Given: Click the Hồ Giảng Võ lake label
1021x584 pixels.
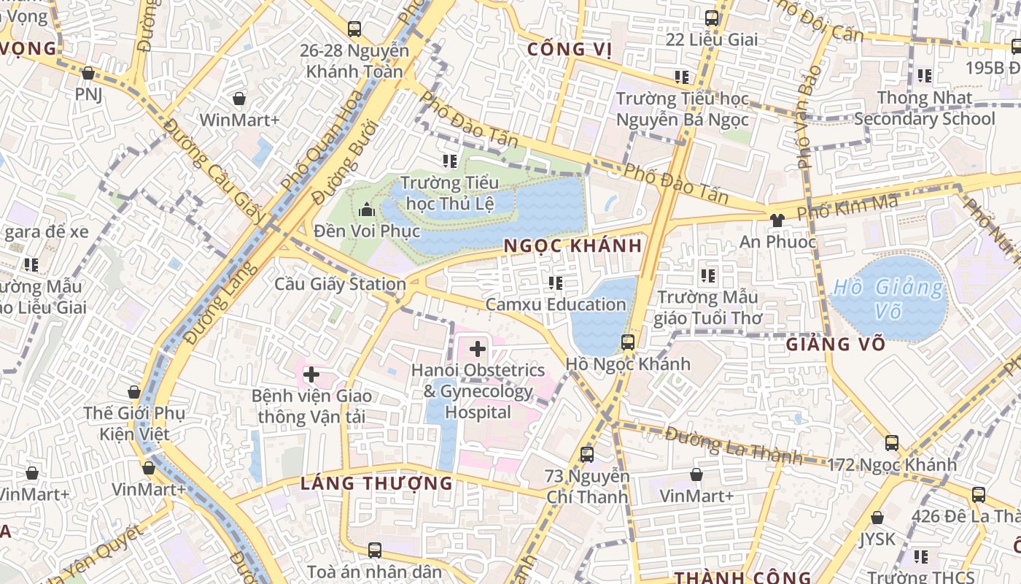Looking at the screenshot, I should (x=888, y=298).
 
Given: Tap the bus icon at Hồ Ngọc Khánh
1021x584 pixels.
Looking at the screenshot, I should (x=627, y=342).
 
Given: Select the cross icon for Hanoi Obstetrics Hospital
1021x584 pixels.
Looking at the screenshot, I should (x=478, y=349).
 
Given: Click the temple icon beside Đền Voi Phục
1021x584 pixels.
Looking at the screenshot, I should (x=367, y=210).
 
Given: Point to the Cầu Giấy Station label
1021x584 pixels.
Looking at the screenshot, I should (x=340, y=283).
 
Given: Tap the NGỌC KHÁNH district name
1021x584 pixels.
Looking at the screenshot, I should (x=573, y=246).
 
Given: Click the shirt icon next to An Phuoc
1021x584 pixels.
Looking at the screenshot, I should (x=776, y=219).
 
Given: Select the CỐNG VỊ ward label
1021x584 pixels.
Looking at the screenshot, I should (x=569, y=49).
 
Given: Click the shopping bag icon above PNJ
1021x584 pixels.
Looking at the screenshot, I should (x=88, y=73).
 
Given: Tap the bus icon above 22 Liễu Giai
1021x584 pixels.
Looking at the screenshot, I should (x=711, y=18).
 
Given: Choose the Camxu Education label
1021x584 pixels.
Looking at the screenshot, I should (x=556, y=304).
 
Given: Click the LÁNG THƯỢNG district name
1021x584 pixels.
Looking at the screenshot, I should (x=376, y=483).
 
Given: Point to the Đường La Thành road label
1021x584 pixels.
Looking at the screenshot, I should (x=732, y=445).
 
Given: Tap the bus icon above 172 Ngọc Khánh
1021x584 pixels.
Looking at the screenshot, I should (x=891, y=442).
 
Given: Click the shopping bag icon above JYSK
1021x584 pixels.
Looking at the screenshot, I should (x=877, y=518).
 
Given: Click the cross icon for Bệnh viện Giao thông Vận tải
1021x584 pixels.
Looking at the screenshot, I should (x=311, y=374).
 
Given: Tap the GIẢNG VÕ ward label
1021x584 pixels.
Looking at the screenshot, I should (x=836, y=343).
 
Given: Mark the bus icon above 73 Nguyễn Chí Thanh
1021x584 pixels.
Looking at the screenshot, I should (x=587, y=455).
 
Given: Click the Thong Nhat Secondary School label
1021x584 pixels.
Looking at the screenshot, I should (x=925, y=108).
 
